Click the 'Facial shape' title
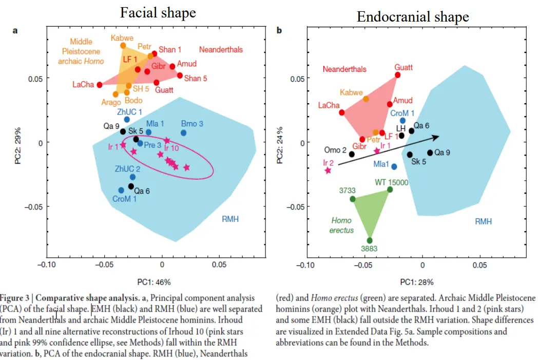pyautogui.click(x=158, y=12)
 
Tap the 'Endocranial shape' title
pyautogui.click(x=413, y=16)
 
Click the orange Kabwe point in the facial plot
pyautogui.click(x=123, y=46)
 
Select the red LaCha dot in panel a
pyautogui.click(x=99, y=85)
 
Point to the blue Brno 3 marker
pyautogui.click(x=183, y=132)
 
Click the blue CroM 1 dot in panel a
pyautogui.click(x=121, y=190)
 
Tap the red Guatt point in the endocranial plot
pyautogui.click(x=398, y=75)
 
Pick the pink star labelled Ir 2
pyautogui.click(x=328, y=170)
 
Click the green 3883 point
pyautogui.click(x=370, y=240)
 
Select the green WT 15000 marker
pyautogui.click(x=390, y=190)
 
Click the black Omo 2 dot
pyautogui.click(x=352, y=154)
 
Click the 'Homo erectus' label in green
pyautogui.click(x=341, y=225)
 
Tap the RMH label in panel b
pyautogui.click(x=483, y=221)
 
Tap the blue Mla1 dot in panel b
pyautogui.click(x=394, y=166)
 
